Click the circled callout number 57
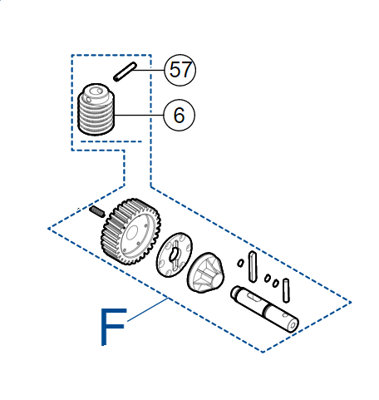pos(180,70)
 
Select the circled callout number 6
pos(180,115)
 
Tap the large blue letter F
pos(113,327)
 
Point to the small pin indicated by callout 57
pos(125,72)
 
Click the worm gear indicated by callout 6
pos(96,109)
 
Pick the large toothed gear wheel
pos(130,231)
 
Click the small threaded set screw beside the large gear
pos(97,211)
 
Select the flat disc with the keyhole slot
pos(175,254)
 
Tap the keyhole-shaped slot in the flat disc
pos(175,254)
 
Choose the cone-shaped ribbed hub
pos(205,272)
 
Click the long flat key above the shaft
pos(253,266)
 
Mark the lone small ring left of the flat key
pos(240,263)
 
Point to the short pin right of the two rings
pos(286,290)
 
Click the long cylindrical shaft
pos(264,309)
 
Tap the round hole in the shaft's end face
pos(293,324)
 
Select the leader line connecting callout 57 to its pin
pos(149,70)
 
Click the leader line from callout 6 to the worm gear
pos(139,115)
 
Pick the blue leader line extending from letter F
pos(147,309)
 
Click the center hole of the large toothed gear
pos(132,233)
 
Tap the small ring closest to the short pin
pos(275,283)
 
